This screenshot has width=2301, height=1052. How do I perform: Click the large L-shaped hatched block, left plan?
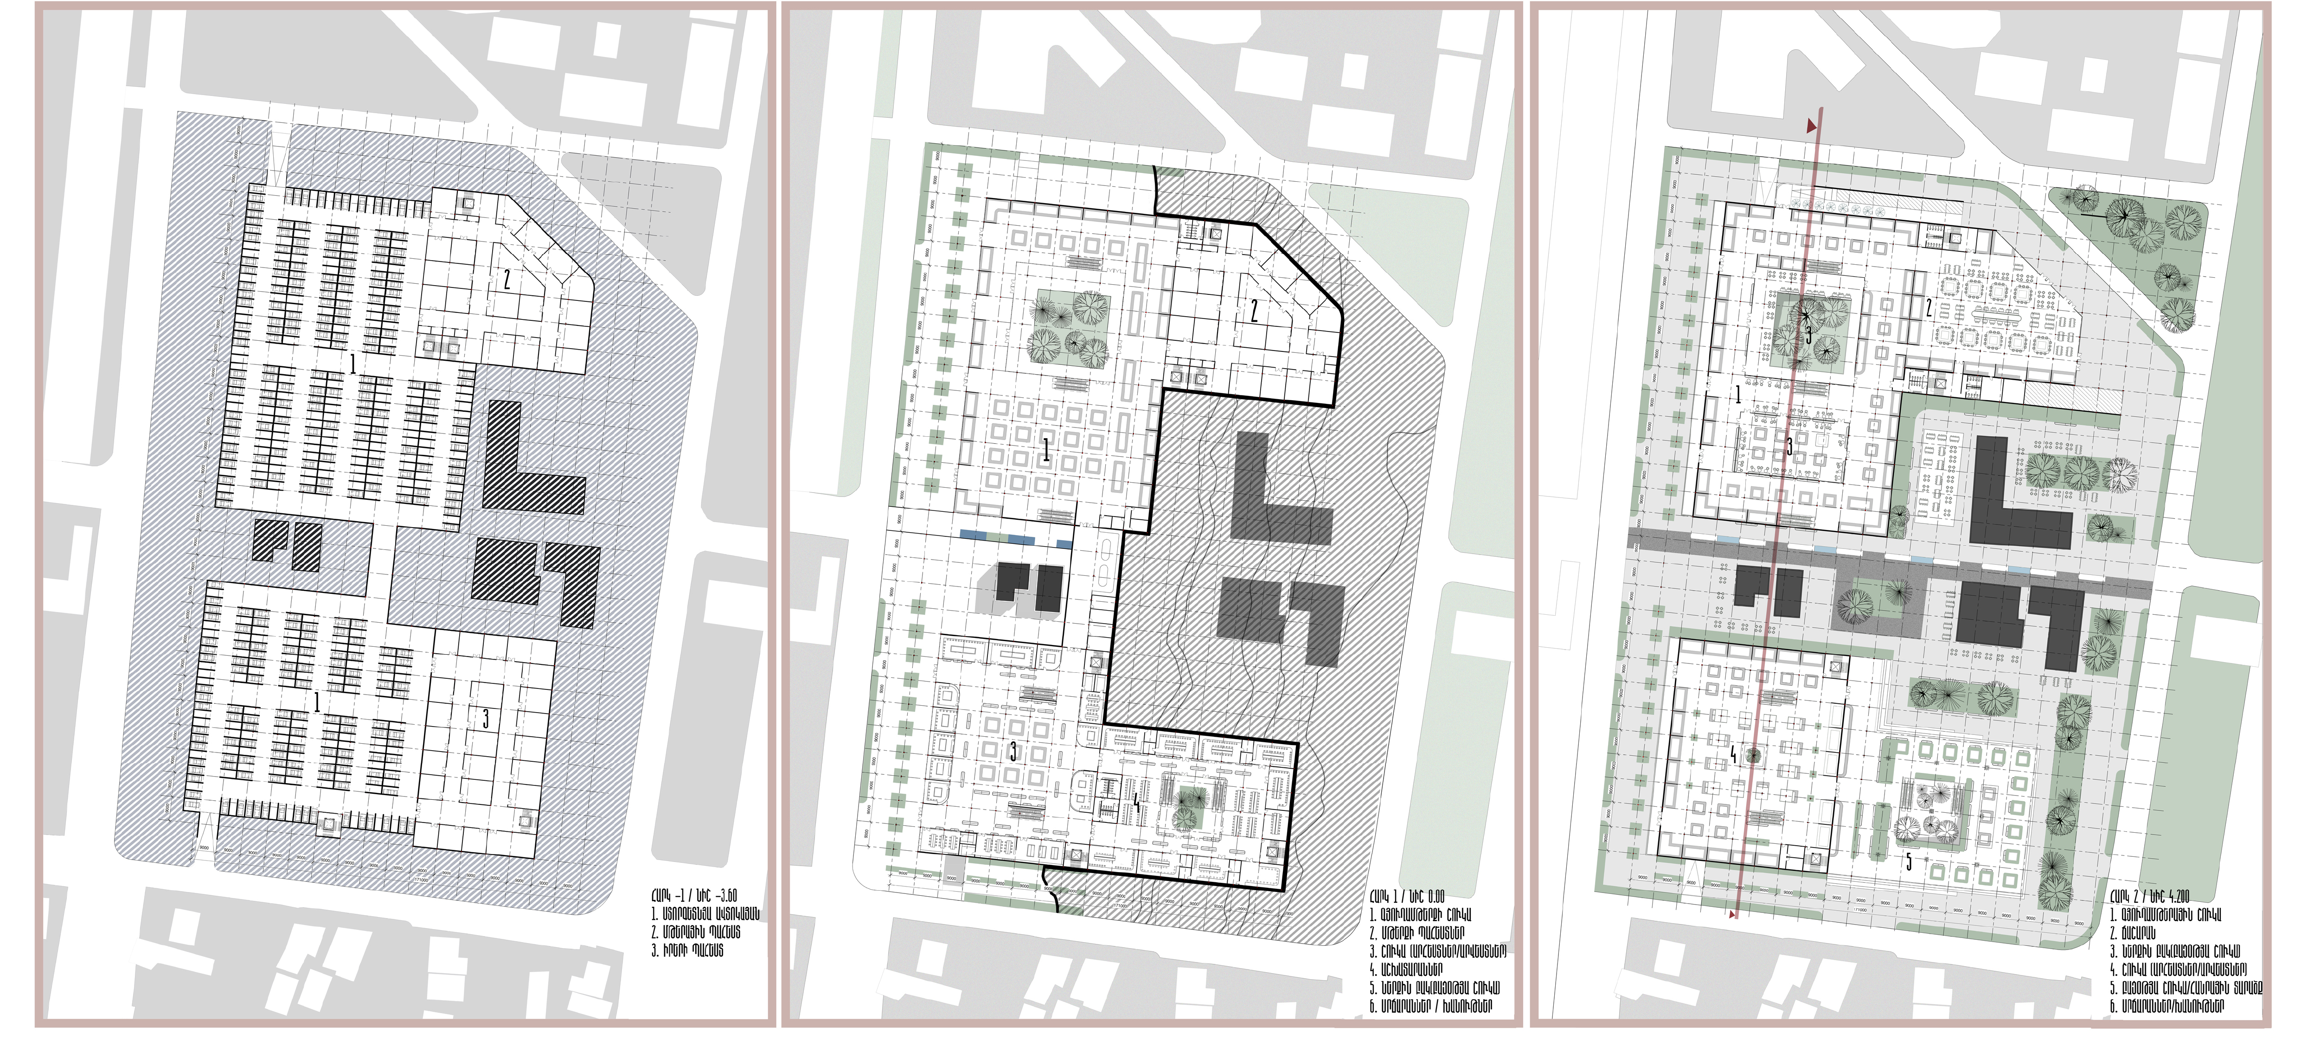[x=527, y=465]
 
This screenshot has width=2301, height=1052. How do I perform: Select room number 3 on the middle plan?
[x=1013, y=752]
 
